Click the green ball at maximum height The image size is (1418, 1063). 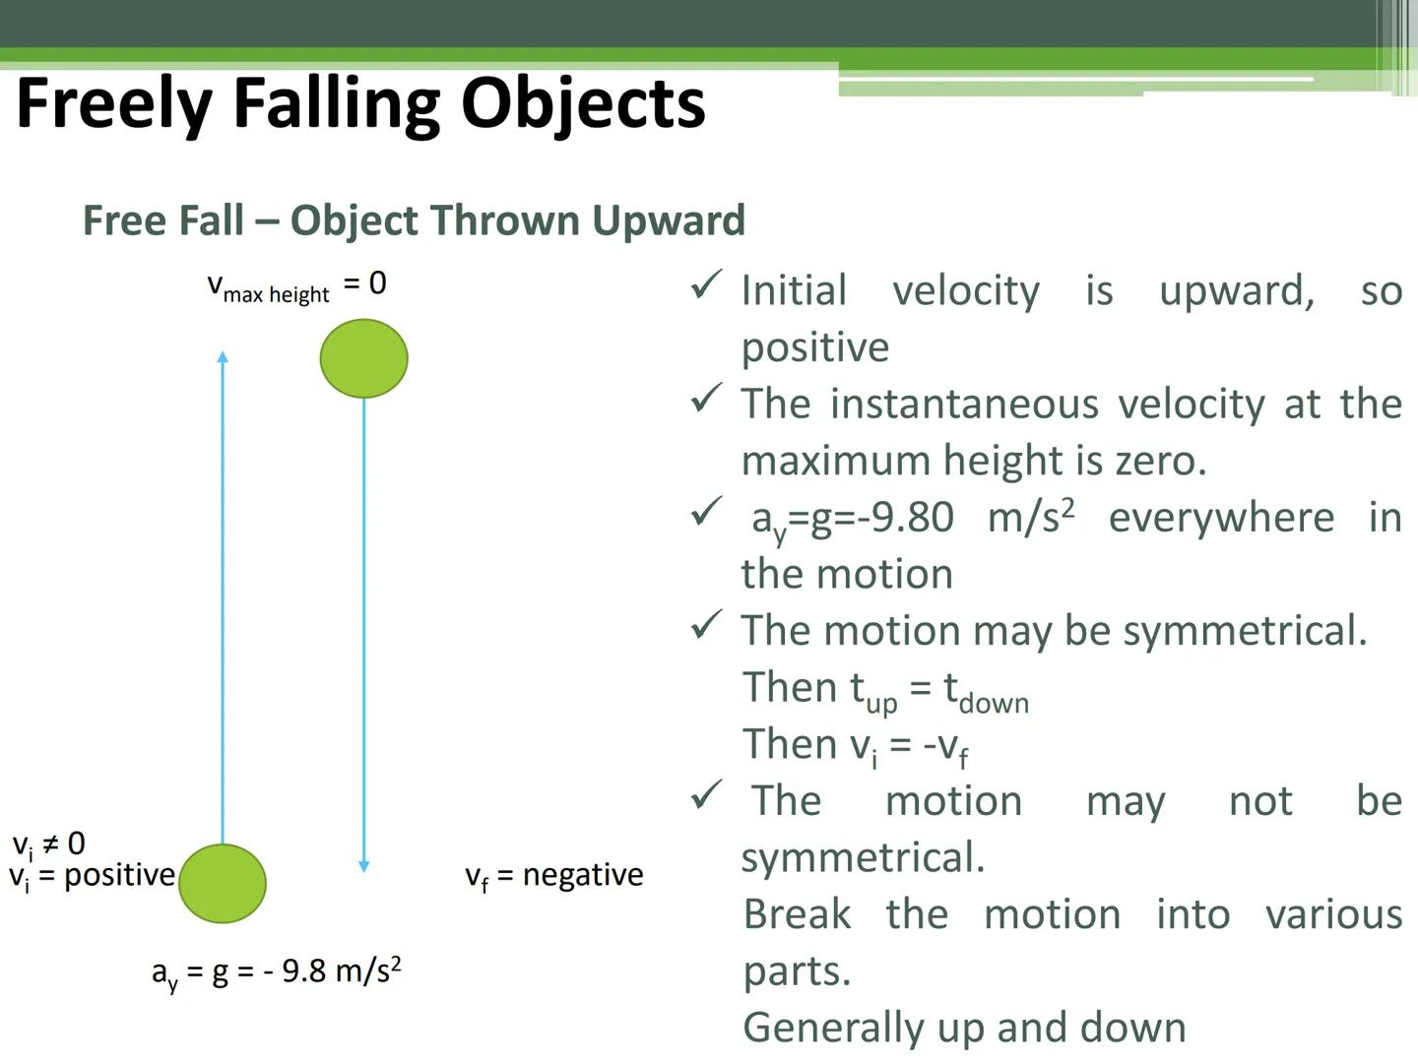click(363, 358)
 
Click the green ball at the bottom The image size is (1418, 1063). click(223, 883)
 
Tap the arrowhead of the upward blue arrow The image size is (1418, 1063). click(223, 358)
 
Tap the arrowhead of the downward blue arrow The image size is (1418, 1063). click(363, 865)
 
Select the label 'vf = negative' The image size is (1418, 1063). click(553, 875)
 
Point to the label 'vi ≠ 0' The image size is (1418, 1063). click(48, 844)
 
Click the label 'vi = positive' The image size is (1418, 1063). click(92, 875)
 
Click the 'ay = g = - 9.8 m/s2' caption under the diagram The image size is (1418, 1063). click(276, 972)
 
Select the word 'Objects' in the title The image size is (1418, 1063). click(583, 104)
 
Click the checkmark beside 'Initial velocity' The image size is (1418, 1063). click(706, 285)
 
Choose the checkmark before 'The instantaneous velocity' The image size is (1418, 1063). click(706, 399)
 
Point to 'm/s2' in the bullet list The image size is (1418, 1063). click(1031, 517)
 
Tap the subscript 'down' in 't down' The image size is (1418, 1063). click(994, 703)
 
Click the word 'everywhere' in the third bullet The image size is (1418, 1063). click(1221, 518)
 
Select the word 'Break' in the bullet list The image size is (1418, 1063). click(797, 914)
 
